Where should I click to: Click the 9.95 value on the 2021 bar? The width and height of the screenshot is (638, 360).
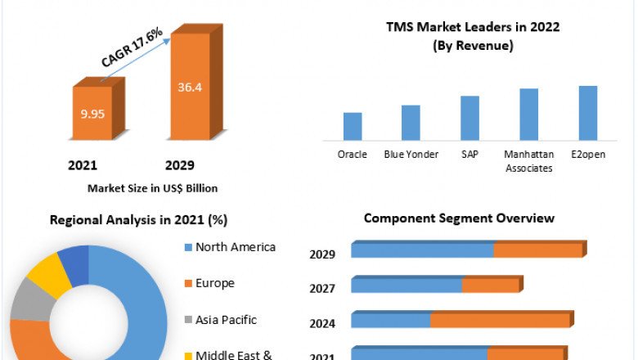[92, 114]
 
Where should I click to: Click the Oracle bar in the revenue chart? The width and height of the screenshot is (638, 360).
[353, 126]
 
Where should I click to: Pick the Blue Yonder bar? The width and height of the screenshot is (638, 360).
[411, 123]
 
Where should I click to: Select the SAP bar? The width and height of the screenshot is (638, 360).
[470, 118]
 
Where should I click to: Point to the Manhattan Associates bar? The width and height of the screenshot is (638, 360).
[528, 115]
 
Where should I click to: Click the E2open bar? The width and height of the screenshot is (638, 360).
[588, 113]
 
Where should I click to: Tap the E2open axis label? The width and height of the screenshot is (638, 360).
[588, 155]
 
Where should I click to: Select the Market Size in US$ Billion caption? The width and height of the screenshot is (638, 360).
[153, 188]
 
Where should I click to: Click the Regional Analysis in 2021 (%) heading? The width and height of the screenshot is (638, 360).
[138, 220]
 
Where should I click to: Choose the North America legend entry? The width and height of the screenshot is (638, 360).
[235, 247]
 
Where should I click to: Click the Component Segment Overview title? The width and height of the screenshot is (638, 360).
[459, 218]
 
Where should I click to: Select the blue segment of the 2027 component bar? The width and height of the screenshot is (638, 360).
[407, 286]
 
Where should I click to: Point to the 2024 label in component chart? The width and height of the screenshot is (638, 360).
[322, 323]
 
